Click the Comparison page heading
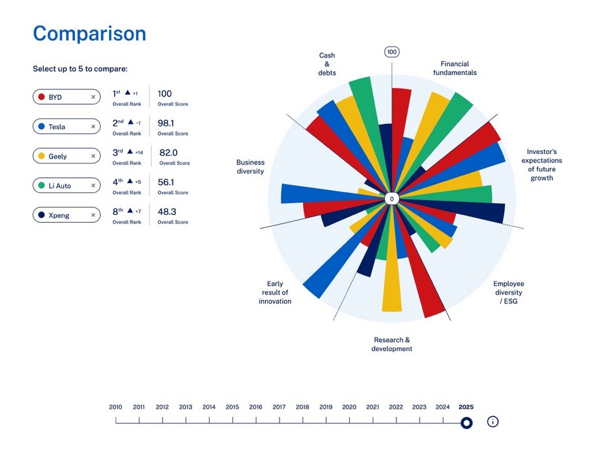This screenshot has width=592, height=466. click(89, 34)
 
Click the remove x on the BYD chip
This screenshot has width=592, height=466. click(93, 97)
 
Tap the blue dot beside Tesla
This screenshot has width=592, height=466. click(42, 126)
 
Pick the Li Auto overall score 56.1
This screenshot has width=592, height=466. click(166, 182)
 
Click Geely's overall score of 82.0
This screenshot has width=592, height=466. click(168, 152)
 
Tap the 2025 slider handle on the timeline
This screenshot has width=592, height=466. click(466, 423)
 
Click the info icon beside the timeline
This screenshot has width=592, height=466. click(492, 422)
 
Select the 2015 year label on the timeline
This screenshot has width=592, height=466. click(232, 407)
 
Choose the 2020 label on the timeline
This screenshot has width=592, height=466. click(349, 407)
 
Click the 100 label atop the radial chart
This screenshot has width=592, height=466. click(392, 52)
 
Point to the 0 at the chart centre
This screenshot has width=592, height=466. click(392, 199)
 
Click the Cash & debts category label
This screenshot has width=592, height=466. click(327, 64)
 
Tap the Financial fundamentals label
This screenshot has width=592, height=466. click(455, 68)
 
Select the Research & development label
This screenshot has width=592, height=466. click(392, 344)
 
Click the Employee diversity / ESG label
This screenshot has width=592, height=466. click(508, 293)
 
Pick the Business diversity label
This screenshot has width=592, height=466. click(250, 167)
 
